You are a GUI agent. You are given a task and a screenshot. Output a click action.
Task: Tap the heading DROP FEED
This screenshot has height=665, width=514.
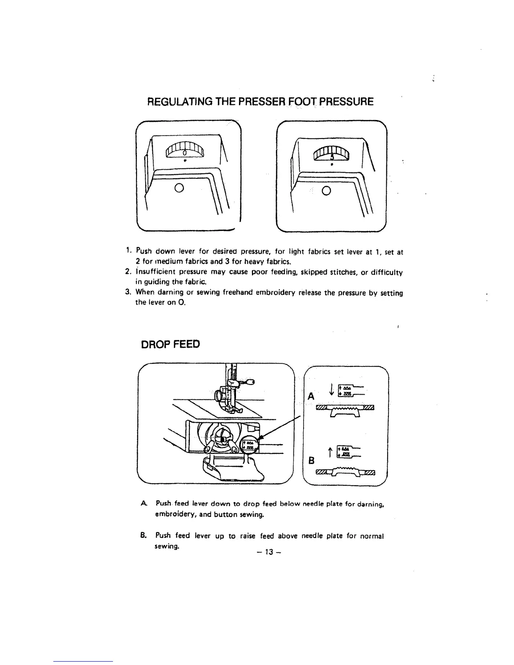point(170,344)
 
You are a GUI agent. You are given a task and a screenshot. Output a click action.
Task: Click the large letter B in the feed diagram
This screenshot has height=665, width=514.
point(311,460)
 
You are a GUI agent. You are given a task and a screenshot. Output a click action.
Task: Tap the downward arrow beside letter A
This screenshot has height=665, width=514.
point(332,390)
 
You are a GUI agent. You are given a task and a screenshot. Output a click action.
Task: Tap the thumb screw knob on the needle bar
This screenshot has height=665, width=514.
point(251,382)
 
